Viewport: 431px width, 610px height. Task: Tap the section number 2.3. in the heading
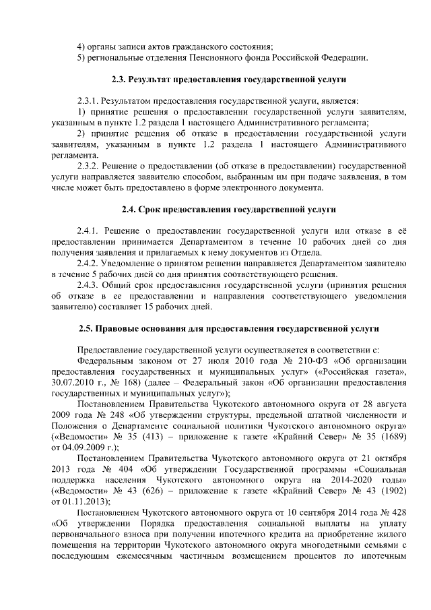point(120,80)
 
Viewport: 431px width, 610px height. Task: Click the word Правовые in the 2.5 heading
point(124,328)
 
